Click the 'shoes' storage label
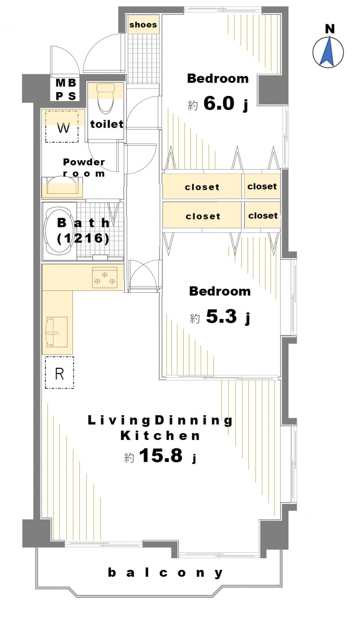(143, 25)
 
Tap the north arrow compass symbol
(328, 52)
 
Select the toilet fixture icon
(105, 98)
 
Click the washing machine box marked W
(62, 127)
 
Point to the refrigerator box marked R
(60, 372)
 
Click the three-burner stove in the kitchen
(105, 278)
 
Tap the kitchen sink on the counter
(57, 332)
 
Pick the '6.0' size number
(219, 103)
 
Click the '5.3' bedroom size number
(221, 316)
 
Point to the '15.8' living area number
(161, 455)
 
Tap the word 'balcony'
(165, 573)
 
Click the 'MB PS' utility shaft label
(66, 90)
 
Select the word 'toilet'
(107, 124)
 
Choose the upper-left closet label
(202, 187)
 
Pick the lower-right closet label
(263, 215)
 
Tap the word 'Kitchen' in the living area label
(160, 436)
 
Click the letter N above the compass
(330, 29)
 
